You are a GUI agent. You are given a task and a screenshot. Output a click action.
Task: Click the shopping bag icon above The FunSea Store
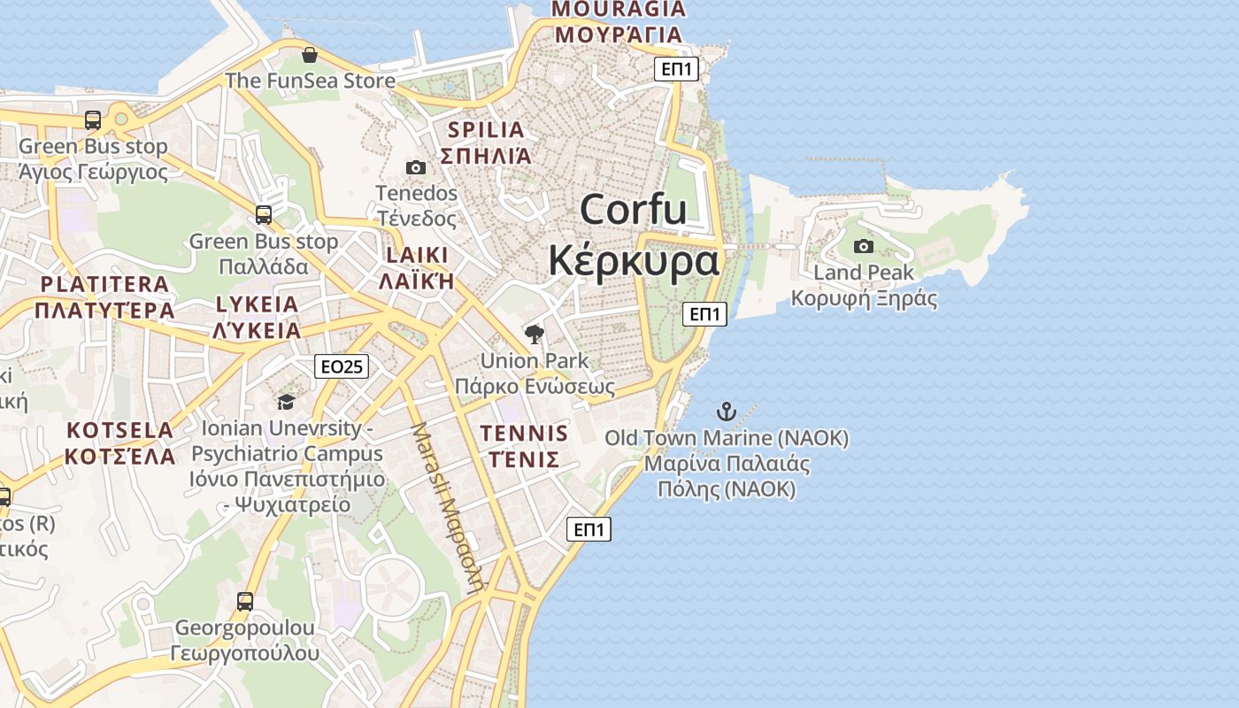310,55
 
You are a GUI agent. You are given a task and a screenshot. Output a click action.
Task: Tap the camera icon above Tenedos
416,167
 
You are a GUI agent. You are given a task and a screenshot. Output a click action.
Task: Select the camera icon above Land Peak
864,246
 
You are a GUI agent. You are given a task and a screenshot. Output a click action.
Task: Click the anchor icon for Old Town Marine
726,412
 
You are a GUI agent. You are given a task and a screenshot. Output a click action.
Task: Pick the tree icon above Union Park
534,334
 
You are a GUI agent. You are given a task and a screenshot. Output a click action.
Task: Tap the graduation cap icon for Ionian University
286,403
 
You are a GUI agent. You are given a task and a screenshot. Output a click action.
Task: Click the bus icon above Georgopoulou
245,602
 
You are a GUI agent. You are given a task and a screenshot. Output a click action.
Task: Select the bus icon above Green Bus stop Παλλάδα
264,214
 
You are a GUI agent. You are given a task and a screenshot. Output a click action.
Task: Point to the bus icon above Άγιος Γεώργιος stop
93,120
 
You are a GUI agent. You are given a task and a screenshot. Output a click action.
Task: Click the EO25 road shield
342,366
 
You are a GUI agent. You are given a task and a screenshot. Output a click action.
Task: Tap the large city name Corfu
634,211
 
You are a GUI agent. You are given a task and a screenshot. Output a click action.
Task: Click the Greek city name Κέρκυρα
634,261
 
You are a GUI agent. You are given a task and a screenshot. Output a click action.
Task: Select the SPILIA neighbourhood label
486,130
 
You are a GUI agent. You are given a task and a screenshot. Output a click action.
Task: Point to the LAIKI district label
417,256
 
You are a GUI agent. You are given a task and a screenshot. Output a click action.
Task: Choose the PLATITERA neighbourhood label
104,285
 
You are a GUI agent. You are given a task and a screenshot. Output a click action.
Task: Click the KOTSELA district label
120,431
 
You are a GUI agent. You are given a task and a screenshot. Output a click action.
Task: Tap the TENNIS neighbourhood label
524,434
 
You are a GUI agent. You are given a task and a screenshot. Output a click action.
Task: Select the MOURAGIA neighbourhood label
619,10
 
